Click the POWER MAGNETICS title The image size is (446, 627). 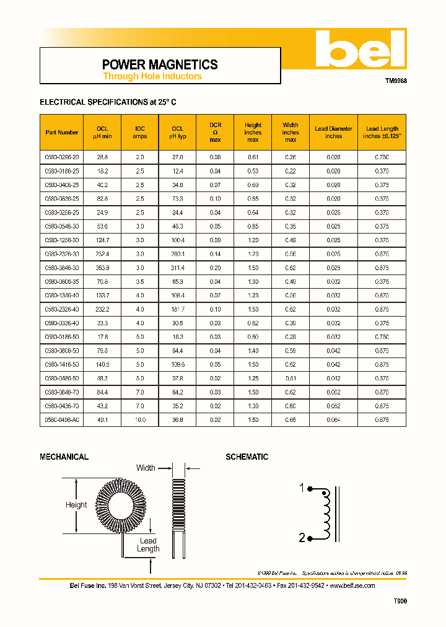click(x=159, y=64)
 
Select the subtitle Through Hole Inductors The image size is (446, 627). click(x=152, y=76)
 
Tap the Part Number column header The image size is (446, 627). click(x=62, y=132)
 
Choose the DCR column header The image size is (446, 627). click(x=215, y=131)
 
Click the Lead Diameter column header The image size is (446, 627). click(x=333, y=132)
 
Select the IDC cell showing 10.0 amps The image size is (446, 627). click(x=140, y=419)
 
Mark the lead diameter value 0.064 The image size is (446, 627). click(x=333, y=419)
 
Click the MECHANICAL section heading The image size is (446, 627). click(x=64, y=457)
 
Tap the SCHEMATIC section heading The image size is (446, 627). click(x=247, y=457)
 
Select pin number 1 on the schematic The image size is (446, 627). click(x=302, y=488)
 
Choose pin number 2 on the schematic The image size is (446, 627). click(x=302, y=538)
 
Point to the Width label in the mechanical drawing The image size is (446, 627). click(x=146, y=468)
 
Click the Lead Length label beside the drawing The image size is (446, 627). click(x=148, y=545)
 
